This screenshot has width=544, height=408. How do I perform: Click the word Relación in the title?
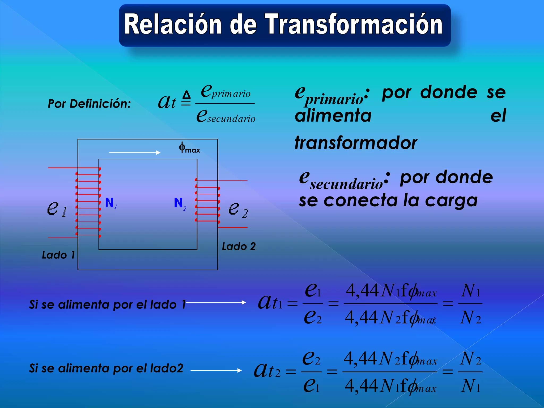173,24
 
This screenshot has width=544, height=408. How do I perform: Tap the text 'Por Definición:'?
89,104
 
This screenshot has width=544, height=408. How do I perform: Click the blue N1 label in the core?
110,203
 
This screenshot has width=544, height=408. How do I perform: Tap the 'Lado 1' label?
58,255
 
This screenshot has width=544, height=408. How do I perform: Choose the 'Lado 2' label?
239,246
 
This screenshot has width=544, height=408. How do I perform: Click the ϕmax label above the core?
189,148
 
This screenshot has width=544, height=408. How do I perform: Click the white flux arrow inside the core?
135,152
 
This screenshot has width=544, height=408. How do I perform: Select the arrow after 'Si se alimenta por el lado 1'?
216,302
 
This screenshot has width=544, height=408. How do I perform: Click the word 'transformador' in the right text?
356,143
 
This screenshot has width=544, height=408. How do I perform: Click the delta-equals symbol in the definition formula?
186,98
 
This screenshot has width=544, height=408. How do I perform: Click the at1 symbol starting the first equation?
270,303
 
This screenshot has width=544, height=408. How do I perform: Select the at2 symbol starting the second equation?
267,371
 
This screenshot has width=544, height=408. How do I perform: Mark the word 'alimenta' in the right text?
333,116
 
